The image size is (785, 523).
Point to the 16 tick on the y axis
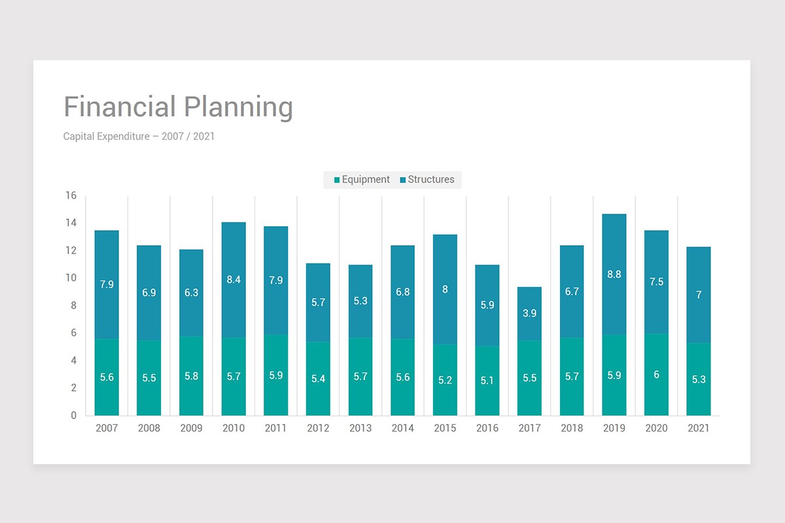coord(71,195)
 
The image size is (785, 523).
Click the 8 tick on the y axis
coord(73,305)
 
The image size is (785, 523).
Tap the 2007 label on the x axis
coord(107,428)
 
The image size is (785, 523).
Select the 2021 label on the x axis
coord(698,428)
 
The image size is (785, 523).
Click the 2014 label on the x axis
coord(402,428)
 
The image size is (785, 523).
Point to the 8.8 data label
coord(614,275)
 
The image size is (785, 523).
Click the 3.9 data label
coord(529,314)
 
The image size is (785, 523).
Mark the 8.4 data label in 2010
coord(234,280)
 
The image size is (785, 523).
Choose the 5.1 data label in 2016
coord(487,380)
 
